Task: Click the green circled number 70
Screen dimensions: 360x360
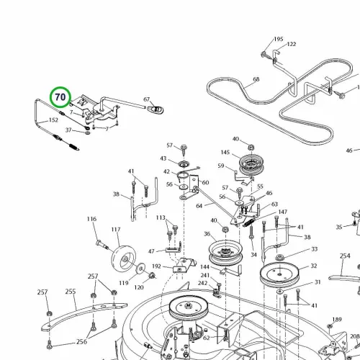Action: [60, 97]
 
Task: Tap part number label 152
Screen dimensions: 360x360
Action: [53, 120]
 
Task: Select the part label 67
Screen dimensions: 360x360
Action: [146, 99]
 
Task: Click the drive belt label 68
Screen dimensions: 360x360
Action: [256, 79]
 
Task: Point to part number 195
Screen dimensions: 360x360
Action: [279, 39]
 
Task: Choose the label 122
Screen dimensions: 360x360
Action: [292, 44]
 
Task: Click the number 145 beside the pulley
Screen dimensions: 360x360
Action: [225, 153]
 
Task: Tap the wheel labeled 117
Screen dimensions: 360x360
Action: [124, 258]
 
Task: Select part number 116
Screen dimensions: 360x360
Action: [91, 219]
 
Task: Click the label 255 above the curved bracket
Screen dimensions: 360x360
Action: [71, 292]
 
